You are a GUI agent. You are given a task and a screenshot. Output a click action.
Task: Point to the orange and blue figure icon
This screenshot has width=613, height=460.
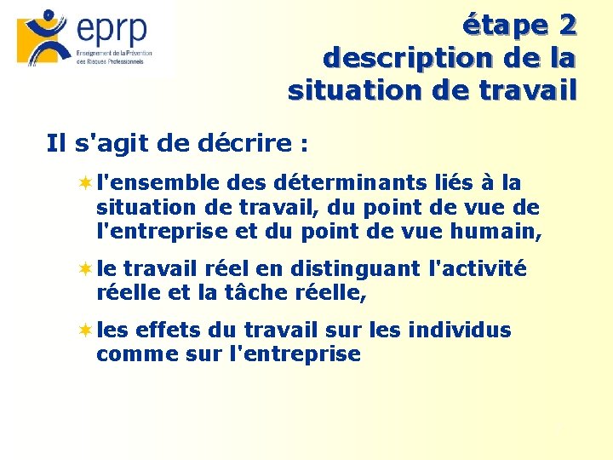point(43,37)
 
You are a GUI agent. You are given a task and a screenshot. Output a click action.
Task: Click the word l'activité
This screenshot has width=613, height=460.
point(479,269)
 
